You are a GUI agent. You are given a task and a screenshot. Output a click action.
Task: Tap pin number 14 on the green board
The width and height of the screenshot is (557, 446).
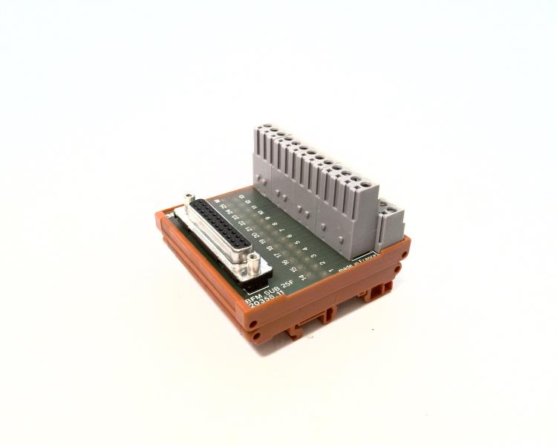(304, 274)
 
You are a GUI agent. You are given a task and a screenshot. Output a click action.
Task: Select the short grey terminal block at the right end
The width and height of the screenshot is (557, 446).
(389, 223)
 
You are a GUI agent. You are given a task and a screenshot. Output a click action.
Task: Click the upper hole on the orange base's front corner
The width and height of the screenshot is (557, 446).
(255, 323)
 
